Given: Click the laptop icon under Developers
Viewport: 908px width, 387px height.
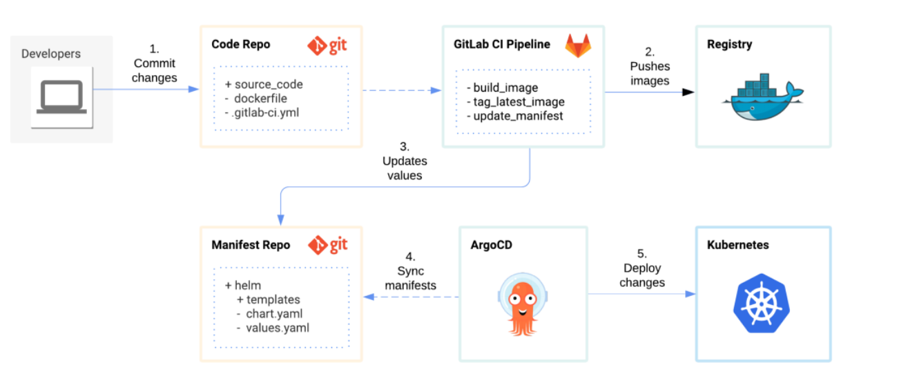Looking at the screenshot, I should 61,97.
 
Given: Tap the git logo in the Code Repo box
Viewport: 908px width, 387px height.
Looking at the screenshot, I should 327,46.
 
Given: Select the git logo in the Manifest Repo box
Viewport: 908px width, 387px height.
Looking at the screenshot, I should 327,245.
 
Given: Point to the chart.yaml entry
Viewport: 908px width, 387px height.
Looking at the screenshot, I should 274,314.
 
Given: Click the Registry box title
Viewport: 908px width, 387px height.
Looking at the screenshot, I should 729,45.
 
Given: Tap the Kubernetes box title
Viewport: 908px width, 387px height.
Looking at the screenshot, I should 737,245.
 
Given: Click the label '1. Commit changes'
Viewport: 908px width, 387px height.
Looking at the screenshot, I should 154,63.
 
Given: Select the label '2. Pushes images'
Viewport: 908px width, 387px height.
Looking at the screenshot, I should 650,66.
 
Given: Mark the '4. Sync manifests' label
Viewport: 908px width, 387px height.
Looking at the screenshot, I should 410,271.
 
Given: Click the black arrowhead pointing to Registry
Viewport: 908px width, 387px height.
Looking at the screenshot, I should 688,92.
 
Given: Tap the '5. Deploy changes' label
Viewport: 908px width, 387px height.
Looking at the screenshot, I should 642,268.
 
